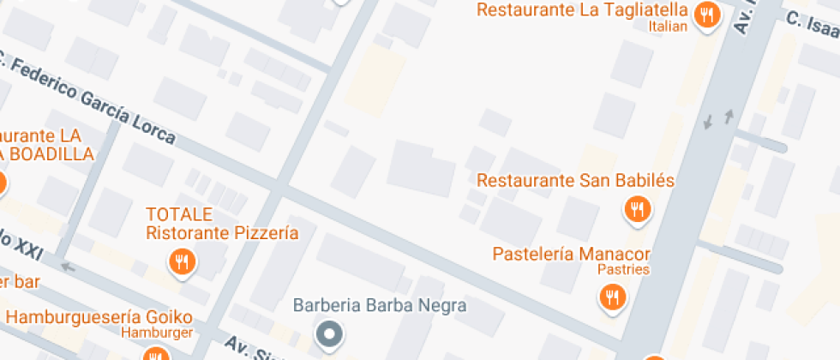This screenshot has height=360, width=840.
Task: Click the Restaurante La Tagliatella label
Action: pos(582,10)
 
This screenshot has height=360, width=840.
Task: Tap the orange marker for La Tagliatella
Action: pos(706,15)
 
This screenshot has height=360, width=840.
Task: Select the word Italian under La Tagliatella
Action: pos(669,27)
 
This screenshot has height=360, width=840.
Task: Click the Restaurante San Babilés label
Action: pos(576,181)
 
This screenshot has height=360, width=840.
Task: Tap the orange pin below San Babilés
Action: pos(637,209)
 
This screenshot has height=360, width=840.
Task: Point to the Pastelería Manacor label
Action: pos(572,255)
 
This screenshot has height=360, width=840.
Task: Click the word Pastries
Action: pos(624,270)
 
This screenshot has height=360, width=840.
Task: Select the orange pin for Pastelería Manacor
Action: pos(612,297)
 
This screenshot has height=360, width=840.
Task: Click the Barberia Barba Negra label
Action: pos(380,305)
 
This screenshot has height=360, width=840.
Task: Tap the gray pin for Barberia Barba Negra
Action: pos(328,333)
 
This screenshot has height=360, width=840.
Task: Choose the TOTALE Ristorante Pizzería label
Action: pos(221,223)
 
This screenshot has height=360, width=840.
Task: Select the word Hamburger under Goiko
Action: pos(156,332)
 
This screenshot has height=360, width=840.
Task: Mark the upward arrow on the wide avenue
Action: pos(729,116)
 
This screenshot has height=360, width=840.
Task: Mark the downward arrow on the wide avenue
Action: pos(708,123)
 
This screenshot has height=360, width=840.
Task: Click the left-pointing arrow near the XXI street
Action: pos(67,267)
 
